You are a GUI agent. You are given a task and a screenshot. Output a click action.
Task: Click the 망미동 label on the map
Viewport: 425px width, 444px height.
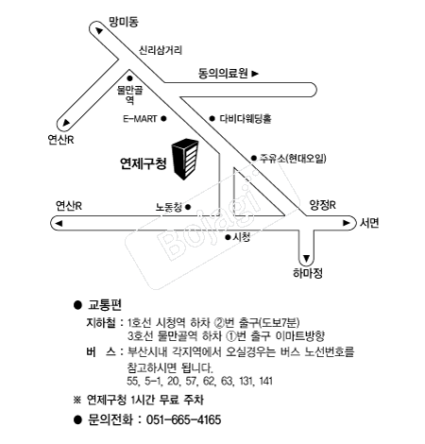click(x=124, y=22)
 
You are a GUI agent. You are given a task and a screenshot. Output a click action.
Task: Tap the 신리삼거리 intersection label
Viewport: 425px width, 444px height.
click(x=161, y=50)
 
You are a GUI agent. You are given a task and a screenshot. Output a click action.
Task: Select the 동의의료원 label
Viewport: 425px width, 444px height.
click(x=223, y=74)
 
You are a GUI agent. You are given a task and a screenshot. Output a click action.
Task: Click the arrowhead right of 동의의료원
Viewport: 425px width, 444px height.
click(x=255, y=74)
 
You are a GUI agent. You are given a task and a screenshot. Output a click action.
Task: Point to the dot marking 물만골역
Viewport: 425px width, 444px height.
click(x=129, y=78)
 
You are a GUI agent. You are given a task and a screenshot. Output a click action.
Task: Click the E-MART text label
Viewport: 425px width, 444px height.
click(x=140, y=119)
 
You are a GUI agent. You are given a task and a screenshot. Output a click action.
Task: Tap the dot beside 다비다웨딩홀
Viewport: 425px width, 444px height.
click(x=212, y=119)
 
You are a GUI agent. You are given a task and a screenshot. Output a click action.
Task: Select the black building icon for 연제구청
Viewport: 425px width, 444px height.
click(x=185, y=159)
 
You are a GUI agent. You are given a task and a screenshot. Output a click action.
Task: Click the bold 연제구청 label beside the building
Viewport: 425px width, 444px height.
click(x=144, y=163)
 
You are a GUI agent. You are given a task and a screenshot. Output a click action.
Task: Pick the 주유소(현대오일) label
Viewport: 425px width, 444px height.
click(x=293, y=158)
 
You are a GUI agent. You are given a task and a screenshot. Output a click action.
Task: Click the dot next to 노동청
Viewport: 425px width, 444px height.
click(x=188, y=207)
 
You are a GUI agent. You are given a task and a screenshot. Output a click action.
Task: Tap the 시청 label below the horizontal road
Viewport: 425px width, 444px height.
click(x=242, y=237)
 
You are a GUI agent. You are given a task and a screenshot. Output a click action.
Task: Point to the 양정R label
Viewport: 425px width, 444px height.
click(x=323, y=205)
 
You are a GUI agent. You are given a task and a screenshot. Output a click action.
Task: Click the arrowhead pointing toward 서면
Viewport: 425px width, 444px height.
click(x=347, y=223)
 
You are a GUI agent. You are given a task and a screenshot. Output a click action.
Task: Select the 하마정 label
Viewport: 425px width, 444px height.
click(x=308, y=273)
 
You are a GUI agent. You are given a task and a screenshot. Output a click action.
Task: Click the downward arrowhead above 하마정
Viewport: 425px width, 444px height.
click(x=306, y=258)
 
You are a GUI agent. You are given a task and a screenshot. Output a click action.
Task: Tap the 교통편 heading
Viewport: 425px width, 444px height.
click(x=105, y=305)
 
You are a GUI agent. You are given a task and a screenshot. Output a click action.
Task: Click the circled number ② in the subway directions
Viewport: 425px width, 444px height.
click(x=218, y=323)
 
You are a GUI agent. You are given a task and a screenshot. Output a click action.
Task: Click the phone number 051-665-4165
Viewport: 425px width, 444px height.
click(x=184, y=420)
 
